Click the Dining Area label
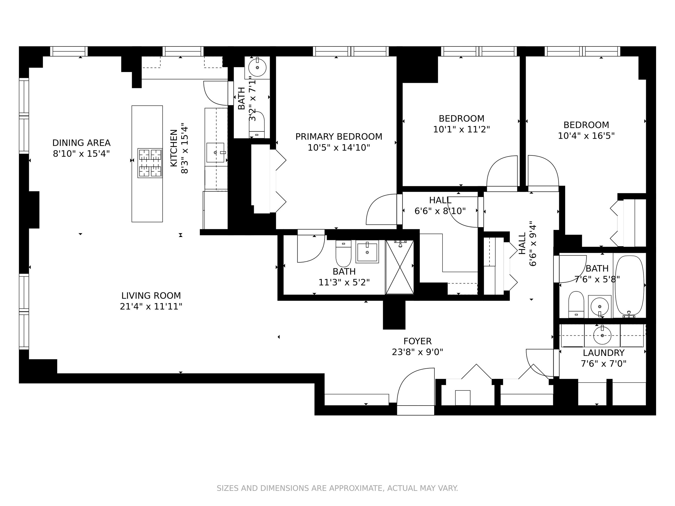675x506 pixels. click(81, 143)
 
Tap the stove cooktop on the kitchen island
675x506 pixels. click(150, 163)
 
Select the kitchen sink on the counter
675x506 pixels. click(215, 152)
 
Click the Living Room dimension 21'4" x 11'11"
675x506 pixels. click(151, 307)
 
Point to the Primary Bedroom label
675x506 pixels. click(339, 137)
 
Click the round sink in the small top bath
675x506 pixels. click(257, 68)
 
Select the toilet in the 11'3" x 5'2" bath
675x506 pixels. click(343, 254)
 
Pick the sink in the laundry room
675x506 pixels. click(602, 335)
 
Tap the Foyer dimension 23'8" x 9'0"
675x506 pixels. click(417, 352)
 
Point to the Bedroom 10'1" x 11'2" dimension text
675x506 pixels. click(461, 130)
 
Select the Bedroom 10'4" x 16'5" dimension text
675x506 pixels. click(586, 136)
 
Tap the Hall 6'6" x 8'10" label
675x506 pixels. click(440, 201)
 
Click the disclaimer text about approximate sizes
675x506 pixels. click(337, 488)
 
